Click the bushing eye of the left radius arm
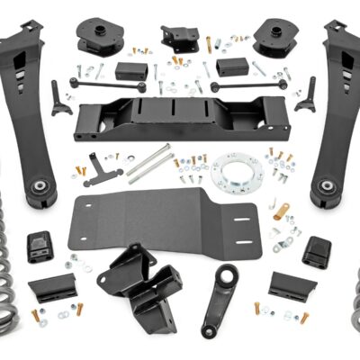tap(41, 186)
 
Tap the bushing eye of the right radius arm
tap(324, 187)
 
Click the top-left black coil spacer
tap(98, 35)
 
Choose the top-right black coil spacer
tap(270, 37)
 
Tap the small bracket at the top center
tap(180, 37)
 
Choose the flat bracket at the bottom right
tap(291, 286)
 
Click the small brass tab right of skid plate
tap(282, 211)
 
